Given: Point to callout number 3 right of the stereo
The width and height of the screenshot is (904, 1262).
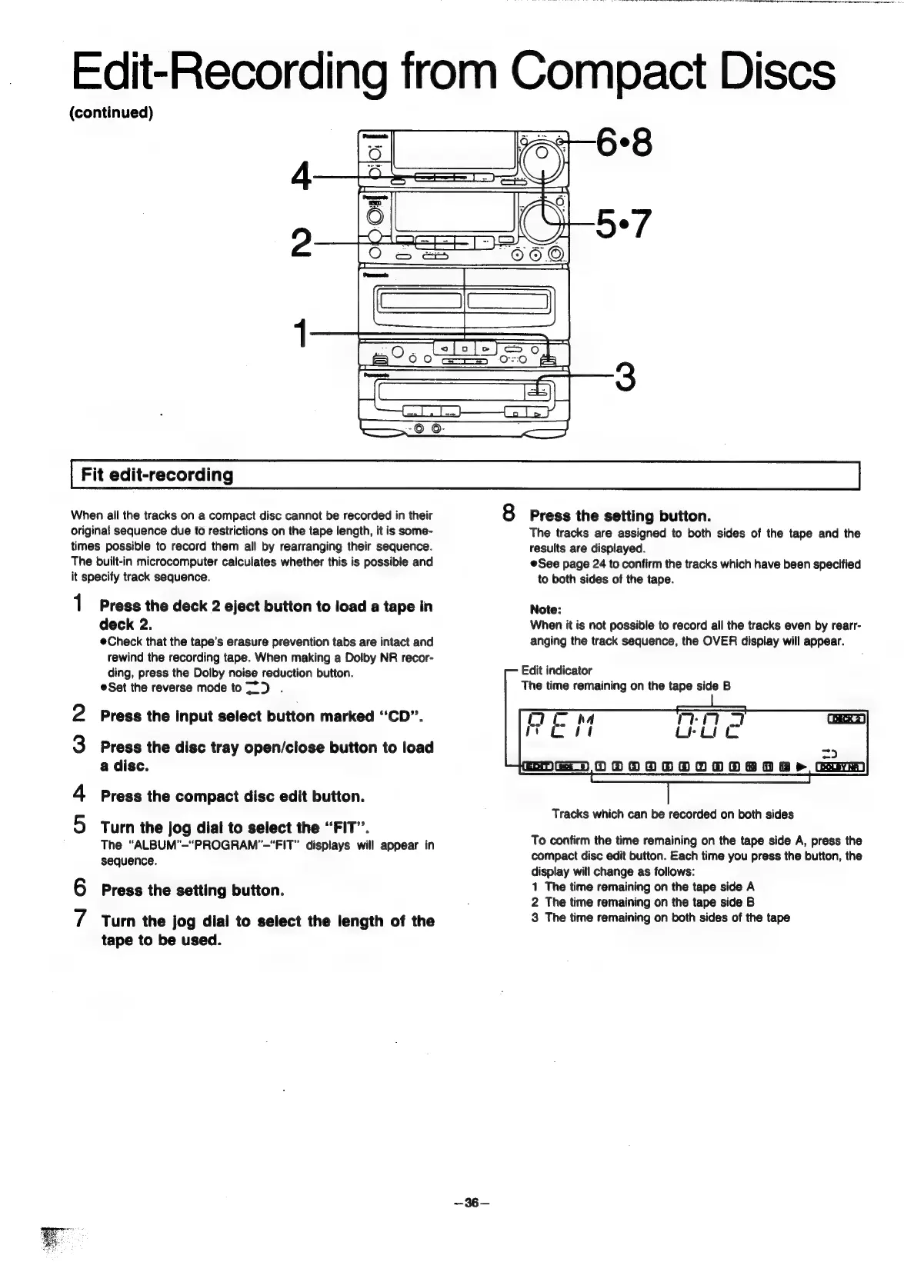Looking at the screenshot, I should pos(626,377).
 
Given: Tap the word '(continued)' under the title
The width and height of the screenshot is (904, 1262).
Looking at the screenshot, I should pos(112,113).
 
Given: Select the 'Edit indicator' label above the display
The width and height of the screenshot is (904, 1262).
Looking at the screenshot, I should pos(556,671).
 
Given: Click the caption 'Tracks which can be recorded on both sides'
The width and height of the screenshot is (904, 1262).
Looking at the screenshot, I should pos(672,814).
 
